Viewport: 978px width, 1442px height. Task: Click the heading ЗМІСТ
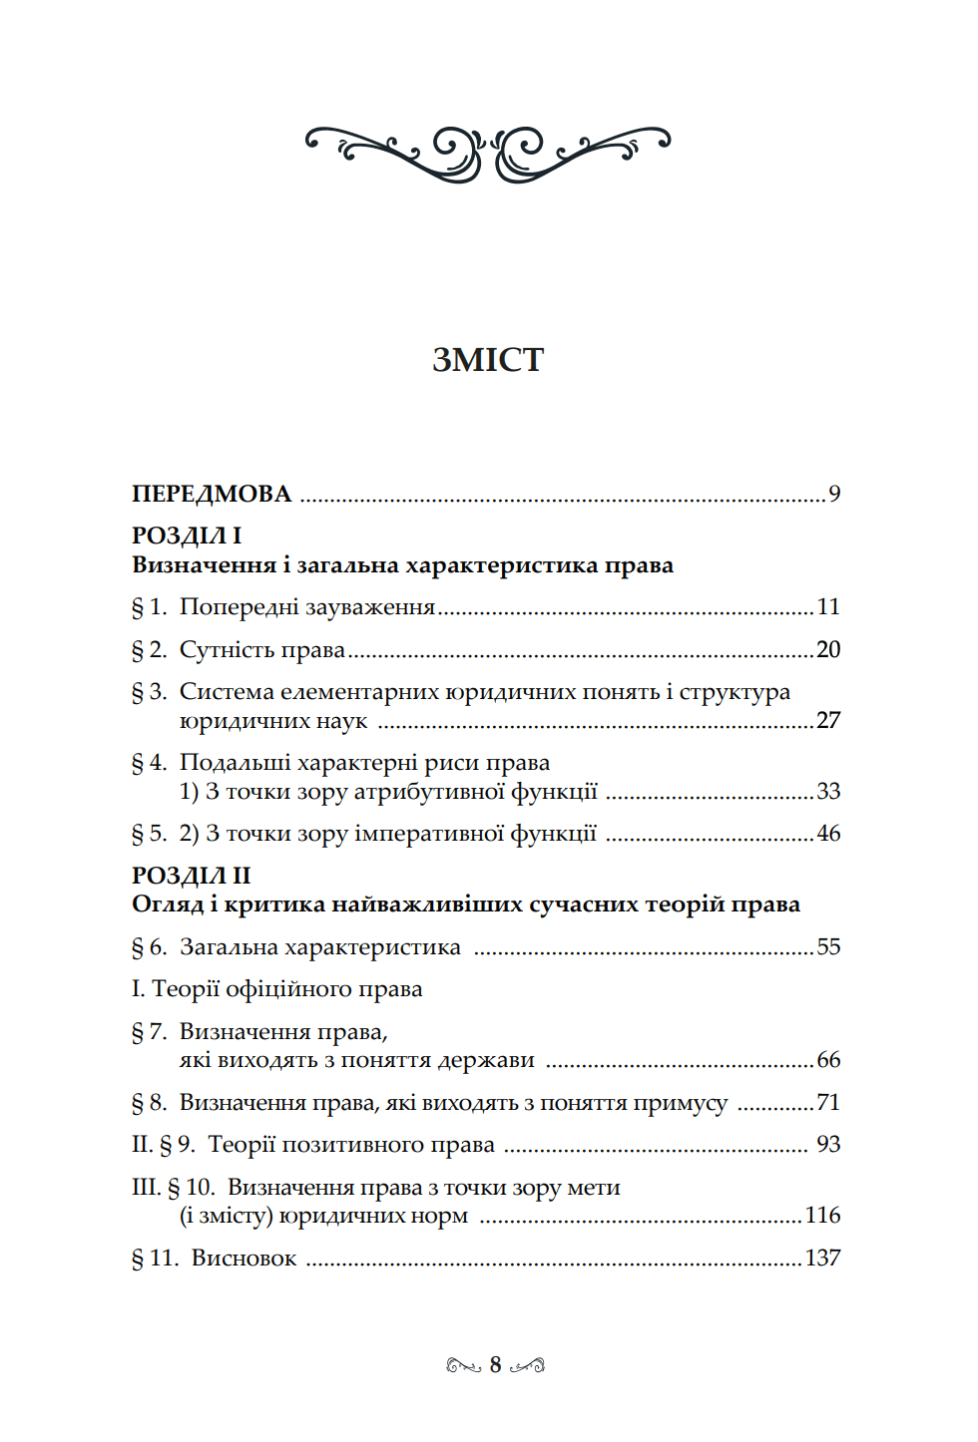point(488,360)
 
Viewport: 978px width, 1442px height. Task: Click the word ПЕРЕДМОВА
point(212,495)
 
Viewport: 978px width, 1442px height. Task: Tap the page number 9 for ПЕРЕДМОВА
point(834,494)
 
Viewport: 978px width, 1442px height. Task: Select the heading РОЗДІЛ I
point(187,537)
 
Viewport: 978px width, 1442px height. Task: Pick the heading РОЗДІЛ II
point(191,876)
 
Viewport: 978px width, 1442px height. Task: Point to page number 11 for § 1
point(828,607)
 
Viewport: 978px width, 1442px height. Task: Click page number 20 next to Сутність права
point(828,650)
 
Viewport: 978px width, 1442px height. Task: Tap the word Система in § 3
point(227,692)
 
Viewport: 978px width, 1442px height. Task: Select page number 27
point(828,720)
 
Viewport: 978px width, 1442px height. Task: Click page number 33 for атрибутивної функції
point(828,792)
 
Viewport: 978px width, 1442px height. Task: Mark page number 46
point(828,834)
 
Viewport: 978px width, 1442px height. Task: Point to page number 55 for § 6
point(828,947)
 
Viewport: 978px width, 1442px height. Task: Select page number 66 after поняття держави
point(828,1060)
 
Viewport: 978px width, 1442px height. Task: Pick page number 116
point(823,1216)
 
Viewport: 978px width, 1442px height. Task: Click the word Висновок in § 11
point(244,1259)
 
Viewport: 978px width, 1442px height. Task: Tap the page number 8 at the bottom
point(495,1365)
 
